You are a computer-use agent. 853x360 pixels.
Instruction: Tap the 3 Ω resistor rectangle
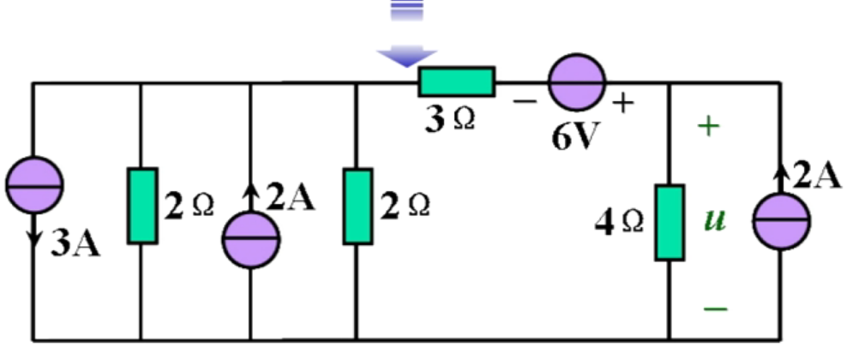click(x=456, y=81)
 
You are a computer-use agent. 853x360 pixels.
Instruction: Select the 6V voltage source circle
click(x=576, y=83)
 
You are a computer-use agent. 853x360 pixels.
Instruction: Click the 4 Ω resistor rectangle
click(x=669, y=222)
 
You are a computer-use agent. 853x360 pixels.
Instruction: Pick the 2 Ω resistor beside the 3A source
click(x=142, y=206)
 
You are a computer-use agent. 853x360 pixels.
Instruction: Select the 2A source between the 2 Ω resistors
click(x=250, y=240)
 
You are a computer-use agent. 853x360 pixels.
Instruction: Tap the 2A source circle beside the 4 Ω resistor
click(x=781, y=220)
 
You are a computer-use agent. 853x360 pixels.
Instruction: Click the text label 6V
click(x=573, y=136)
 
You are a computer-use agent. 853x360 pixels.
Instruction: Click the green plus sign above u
click(x=709, y=127)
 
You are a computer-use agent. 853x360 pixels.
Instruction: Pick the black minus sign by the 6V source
click(x=524, y=101)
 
